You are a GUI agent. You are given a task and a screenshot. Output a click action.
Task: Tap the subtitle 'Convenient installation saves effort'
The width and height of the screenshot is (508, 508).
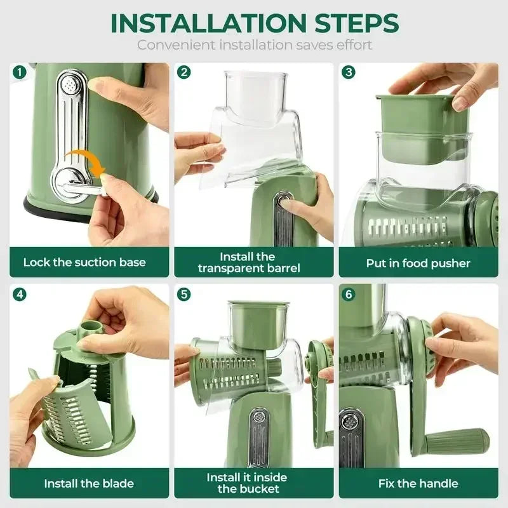pyautogui.click(x=254, y=45)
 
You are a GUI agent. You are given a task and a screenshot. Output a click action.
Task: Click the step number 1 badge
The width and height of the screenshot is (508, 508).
pyautogui.click(x=20, y=72)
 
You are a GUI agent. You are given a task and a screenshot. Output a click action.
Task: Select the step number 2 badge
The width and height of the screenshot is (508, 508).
pyautogui.click(x=184, y=72)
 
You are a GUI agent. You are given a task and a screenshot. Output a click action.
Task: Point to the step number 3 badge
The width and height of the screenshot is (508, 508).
pyautogui.click(x=349, y=72)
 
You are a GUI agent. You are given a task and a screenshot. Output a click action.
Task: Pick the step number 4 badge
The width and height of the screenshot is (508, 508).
pyautogui.click(x=20, y=294)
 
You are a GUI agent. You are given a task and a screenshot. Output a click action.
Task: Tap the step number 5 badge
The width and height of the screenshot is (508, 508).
pyautogui.click(x=184, y=294)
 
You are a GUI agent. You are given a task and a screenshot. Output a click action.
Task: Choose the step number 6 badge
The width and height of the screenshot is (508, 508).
pyautogui.click(x=349, y=294)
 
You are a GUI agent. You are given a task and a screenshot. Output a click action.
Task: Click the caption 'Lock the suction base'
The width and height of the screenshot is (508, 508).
pyautogui.click(x=84, y=262)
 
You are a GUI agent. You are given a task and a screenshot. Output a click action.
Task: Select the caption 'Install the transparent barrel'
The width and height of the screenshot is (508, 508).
pyautogui.click(x=247, y=262)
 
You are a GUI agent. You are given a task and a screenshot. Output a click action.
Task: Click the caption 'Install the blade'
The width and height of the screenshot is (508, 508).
pyautogui.click(x=89, y=483)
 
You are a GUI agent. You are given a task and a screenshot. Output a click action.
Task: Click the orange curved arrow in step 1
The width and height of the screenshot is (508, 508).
pyautogui.click(x=85, y=159)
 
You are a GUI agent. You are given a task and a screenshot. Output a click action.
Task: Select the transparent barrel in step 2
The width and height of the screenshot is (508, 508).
pyautogui.click(x=254, y=127)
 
